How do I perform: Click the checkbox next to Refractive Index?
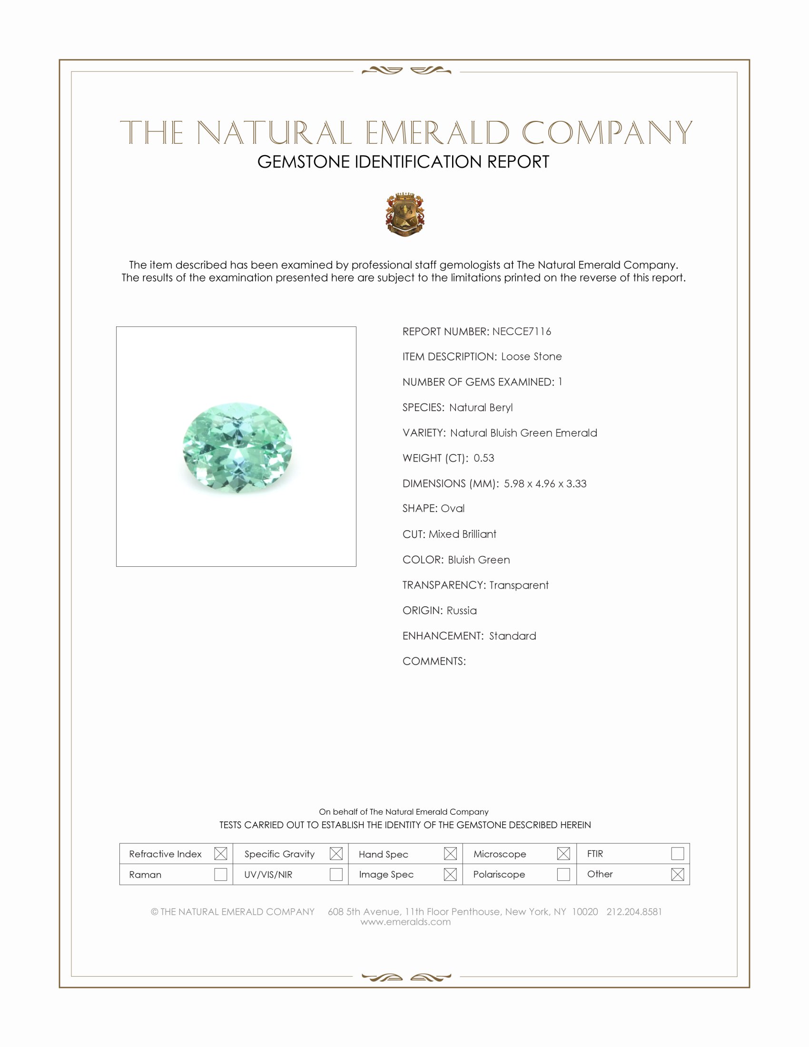[220, 854]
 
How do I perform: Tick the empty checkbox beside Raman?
[220, 874]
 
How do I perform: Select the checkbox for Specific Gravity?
[336, 854]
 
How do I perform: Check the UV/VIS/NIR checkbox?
[336, 874]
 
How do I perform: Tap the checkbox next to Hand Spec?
[450, 854]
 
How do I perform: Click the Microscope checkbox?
[563, 854]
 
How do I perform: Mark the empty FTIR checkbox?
[677, 854]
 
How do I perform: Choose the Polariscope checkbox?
[563, 874]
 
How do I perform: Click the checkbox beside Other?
[677, 874]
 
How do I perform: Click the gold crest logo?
[405, 214]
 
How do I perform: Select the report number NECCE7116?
[522, 332]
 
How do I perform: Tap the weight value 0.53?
[483, 458]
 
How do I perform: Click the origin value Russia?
[462, 611]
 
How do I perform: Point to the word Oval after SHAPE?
[453, 509]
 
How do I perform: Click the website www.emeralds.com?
[405, 922]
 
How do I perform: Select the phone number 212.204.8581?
[634, 912]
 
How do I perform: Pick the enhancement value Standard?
[513, 636]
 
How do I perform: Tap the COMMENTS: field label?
[434, 662]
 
